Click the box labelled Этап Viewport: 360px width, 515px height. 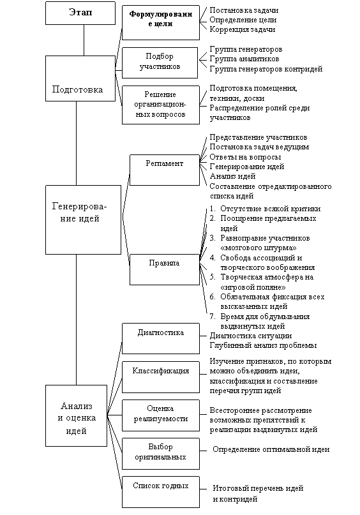pos(80,13)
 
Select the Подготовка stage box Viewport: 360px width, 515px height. pos(80,78)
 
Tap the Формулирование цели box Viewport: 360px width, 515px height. pos(161,23)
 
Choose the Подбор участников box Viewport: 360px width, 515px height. pos(160,63)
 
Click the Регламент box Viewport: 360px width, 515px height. pos(165,170)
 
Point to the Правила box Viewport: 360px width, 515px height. pos(165,269)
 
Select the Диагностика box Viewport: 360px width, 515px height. pos(161,338)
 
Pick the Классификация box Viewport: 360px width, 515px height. pos(161,377)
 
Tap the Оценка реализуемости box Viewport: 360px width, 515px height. pos(161,415)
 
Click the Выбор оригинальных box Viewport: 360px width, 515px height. pos(161,454)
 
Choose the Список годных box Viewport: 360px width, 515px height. pos(161,492)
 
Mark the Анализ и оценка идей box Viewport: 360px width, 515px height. pos(76,415)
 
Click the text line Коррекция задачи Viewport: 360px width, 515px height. pos(243,29)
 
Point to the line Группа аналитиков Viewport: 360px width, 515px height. pos(244,59)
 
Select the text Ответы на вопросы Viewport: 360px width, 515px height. pos(245,157)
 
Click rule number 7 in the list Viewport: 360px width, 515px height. pos(260,321)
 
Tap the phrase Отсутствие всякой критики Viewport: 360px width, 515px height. pos(271,209)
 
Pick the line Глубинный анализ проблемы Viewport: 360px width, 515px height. pos(264,345)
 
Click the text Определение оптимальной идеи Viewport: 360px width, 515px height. pos(271,449)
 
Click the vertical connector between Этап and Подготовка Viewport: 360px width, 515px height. pos(84,40)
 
